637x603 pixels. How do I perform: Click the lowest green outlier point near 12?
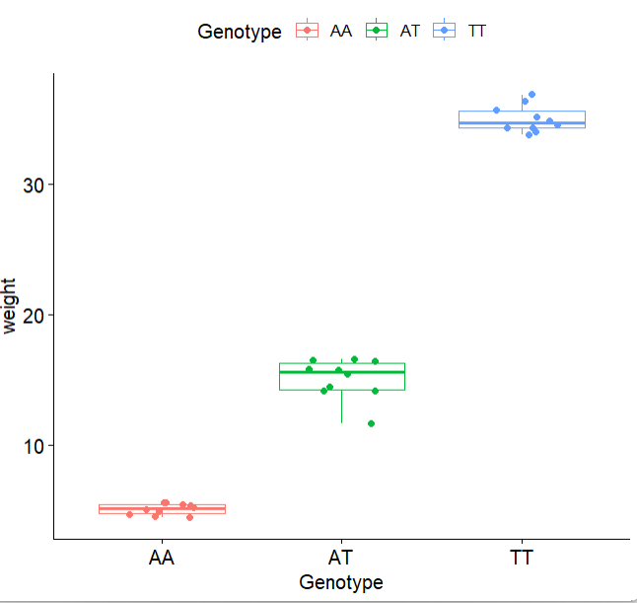click(x=372, y=423)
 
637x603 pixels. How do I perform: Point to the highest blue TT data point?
click(x=531, y=95)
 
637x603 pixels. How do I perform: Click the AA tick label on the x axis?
click(x=162, y=559)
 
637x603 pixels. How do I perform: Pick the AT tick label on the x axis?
click(x=341, y=559)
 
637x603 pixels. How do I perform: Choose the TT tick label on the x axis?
click(x=522, y=559)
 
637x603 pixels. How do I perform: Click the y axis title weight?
click(x=11, y=307)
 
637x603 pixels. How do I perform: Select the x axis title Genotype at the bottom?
click(x=341, y=582)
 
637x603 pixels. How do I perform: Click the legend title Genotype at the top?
click(x=240, y=32)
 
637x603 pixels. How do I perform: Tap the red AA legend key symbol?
click(x=308, y=31)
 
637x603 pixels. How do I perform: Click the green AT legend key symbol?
click(x=377, y=31)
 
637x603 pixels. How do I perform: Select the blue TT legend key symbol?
click(x=445, y=31)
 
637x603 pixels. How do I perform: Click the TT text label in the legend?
click(x=477, y=31)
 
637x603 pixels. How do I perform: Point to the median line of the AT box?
click(x=341, y=372)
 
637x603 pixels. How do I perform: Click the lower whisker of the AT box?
click(x=341, y=407)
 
